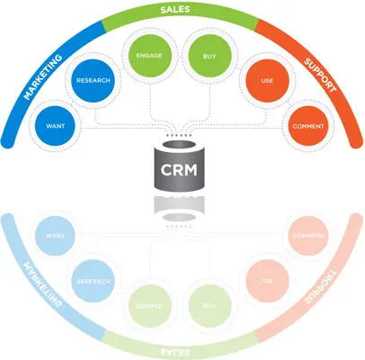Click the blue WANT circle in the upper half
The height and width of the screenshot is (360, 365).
(52, 127)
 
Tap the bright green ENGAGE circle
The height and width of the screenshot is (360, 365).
(147, 54)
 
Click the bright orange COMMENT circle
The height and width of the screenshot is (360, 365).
(307, 127)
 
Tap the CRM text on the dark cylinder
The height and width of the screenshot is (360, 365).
(180, 168)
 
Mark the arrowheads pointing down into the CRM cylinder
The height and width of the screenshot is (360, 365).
(180, 138)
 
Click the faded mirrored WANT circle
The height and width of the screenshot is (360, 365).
(52, 236)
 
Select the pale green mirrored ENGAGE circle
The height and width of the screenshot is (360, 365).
(147, 305)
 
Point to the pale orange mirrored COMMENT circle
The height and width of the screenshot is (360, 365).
(307, 236)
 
